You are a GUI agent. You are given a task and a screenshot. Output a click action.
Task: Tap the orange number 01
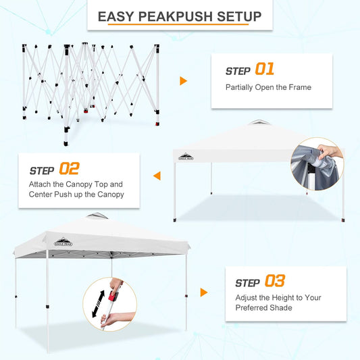coord(264,70)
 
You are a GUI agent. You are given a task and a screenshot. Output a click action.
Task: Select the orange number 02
coord(70,168)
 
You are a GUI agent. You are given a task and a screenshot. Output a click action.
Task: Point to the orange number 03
coord(274,281)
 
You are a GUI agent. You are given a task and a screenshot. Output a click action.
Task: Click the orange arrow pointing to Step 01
coord(183,81)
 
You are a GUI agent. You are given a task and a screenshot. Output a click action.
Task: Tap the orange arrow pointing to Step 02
coord(157,176)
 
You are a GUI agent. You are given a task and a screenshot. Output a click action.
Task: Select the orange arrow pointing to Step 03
coord(203,292)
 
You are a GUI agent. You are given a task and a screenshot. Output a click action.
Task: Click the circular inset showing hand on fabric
coord(317,164)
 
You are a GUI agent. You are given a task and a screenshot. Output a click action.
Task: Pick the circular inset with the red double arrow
coord(109,304)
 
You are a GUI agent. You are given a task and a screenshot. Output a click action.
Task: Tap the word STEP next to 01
coord(238,70)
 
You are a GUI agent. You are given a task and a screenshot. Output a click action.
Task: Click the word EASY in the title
coord(118,16)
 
